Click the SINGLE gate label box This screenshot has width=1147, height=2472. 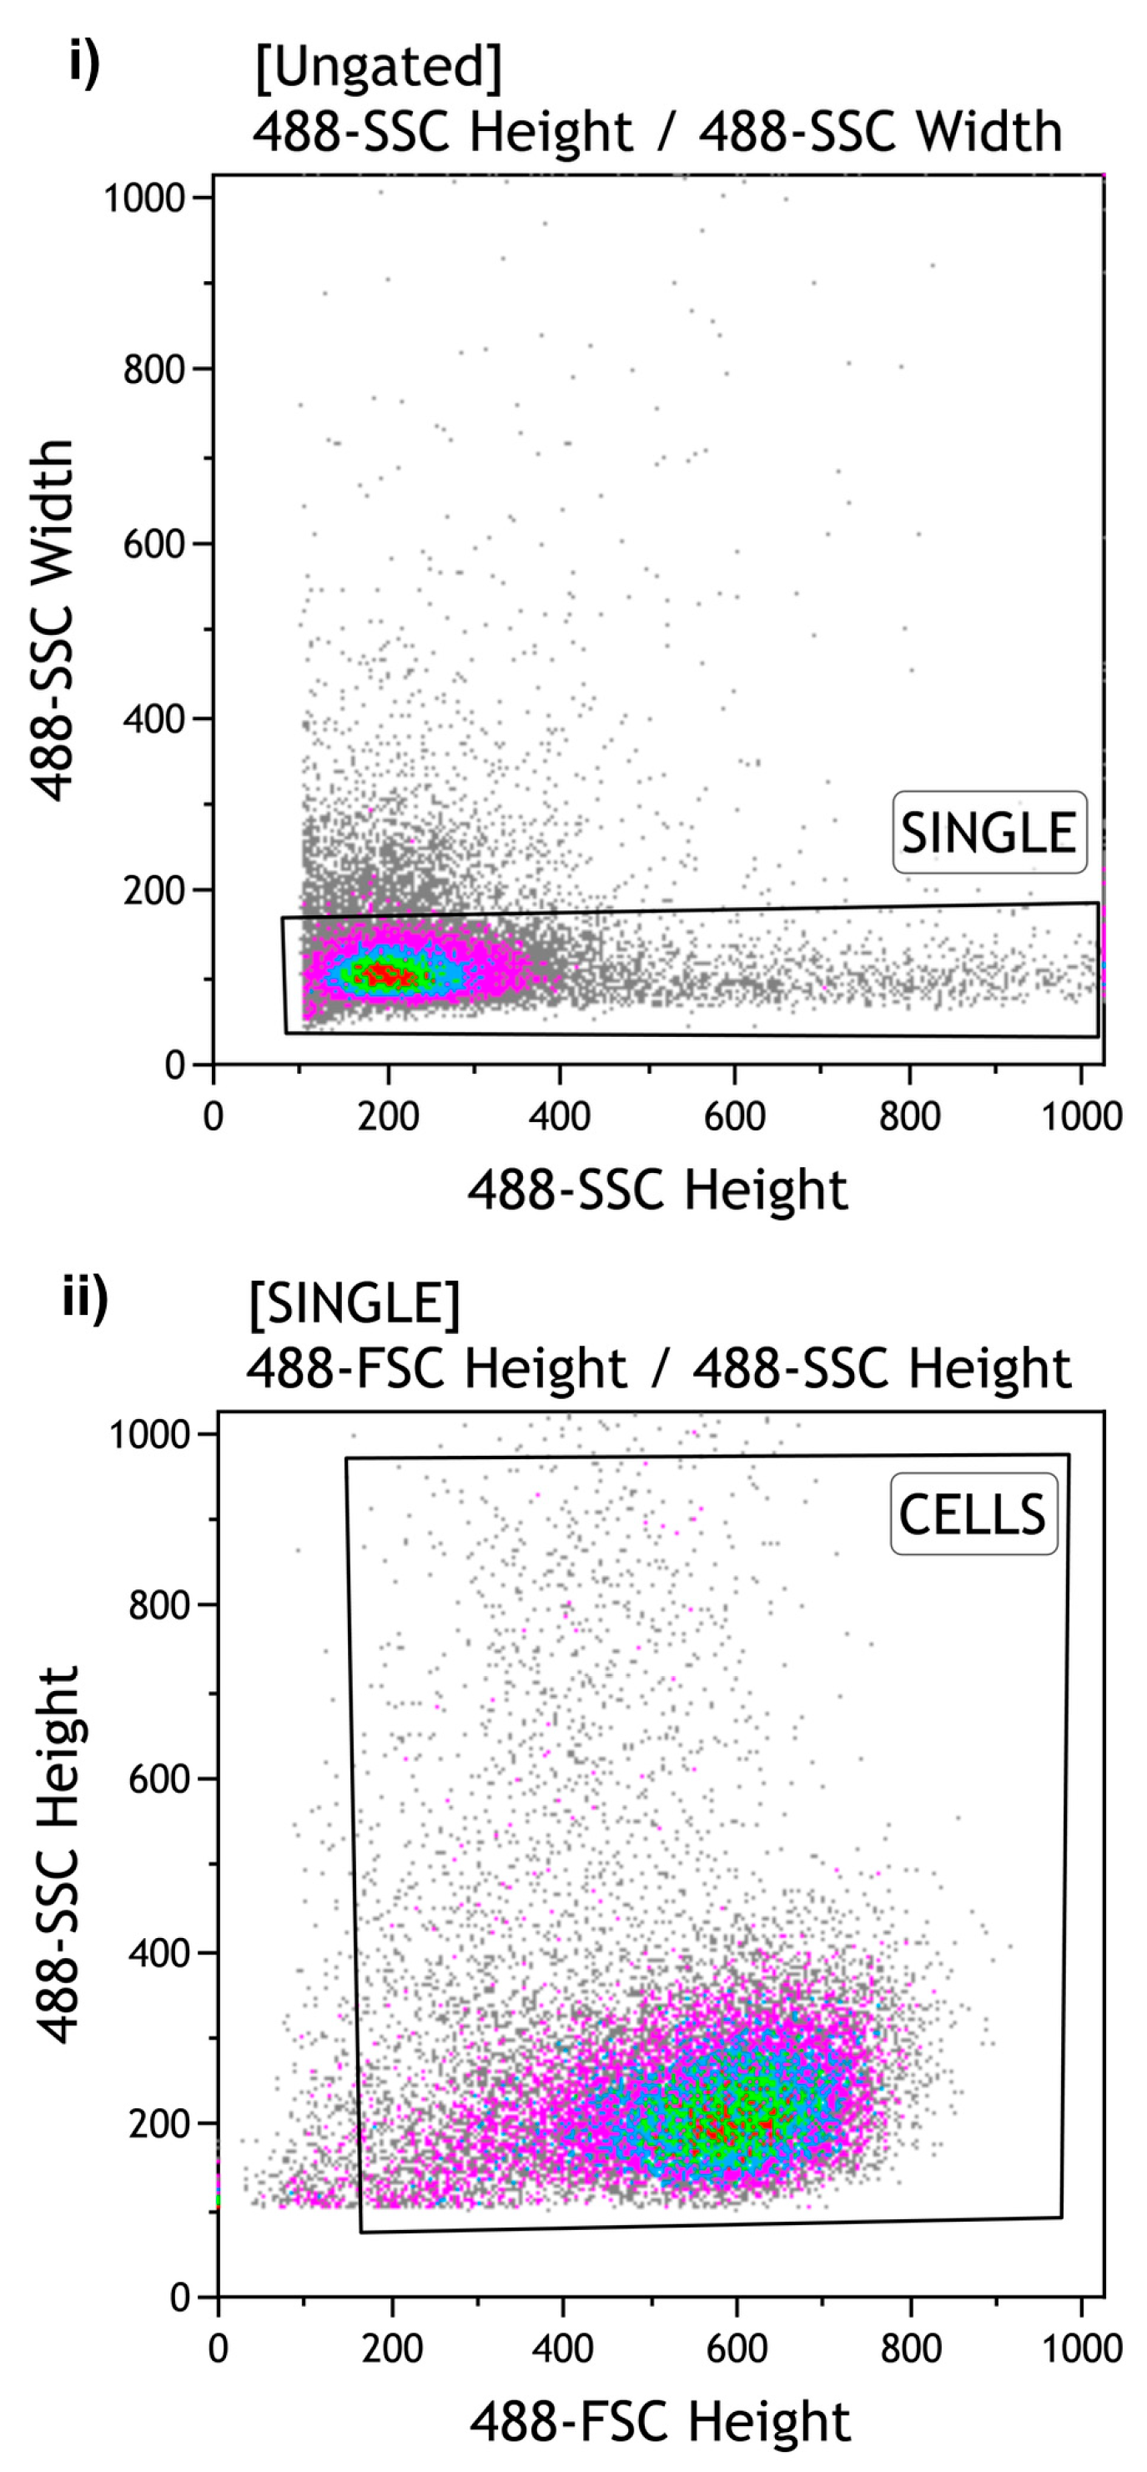[989, 832]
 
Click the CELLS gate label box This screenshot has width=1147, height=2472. [973, 1514]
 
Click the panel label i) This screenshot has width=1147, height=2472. [84, 64]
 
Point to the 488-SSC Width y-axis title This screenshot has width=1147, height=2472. [53, 620]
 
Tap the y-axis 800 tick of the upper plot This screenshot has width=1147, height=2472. [153, 369]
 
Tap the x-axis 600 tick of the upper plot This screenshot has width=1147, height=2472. [734, 1116]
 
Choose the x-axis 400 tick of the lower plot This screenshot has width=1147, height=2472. [563, 2347]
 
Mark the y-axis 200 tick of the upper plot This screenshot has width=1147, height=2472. [153, 890]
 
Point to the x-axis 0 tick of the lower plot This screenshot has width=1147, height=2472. [219, 2347]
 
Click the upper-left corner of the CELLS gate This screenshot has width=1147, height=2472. [346, 1458]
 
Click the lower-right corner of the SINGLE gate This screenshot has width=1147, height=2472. [1097, 1036]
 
